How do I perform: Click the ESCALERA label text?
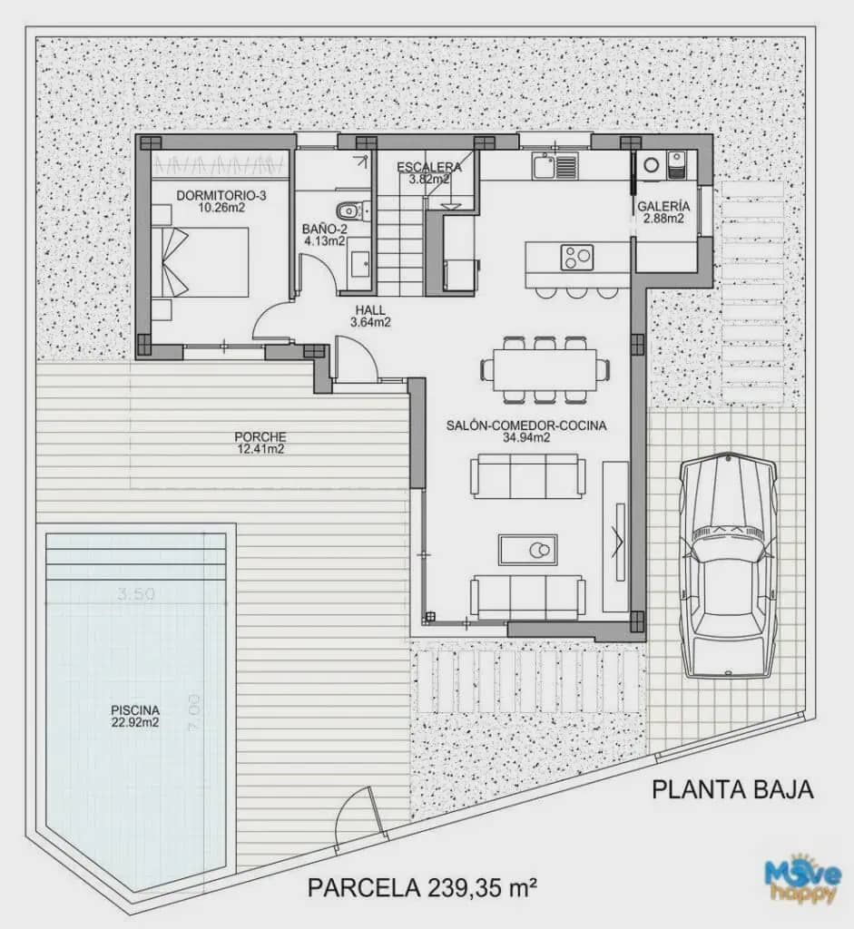pos(429,167)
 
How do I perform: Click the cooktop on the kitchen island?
pos(576,257)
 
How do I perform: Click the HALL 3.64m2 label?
pos(371,315)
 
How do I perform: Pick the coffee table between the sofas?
pos(527,549)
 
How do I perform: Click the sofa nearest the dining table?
pos(527,475)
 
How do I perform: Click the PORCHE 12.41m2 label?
pos(260,442)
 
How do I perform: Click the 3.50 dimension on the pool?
pos(135,594)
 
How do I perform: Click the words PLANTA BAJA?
pos(732,789)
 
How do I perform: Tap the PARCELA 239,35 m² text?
pos(423,885)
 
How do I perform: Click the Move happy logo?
pos(801,878)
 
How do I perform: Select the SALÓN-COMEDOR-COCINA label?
pos(526,431)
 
